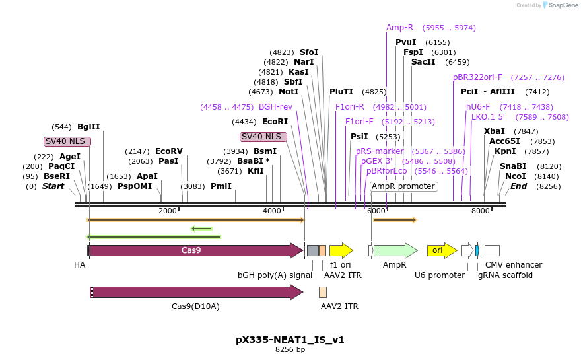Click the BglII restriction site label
88,127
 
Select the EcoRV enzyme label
168,151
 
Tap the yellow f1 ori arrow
341,250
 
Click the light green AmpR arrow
395,250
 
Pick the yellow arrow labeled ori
441,250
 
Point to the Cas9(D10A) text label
195,306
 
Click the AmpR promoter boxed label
403,186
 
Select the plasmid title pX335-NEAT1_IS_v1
290,340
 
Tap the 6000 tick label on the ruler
376,211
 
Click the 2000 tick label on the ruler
168,211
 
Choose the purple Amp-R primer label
399,28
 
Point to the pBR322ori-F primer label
477,77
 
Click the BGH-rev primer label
275,106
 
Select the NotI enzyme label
289,92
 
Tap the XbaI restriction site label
494,131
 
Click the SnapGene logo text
562,5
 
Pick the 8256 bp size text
290,350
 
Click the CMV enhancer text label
514,265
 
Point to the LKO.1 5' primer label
488,117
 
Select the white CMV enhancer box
492,250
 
